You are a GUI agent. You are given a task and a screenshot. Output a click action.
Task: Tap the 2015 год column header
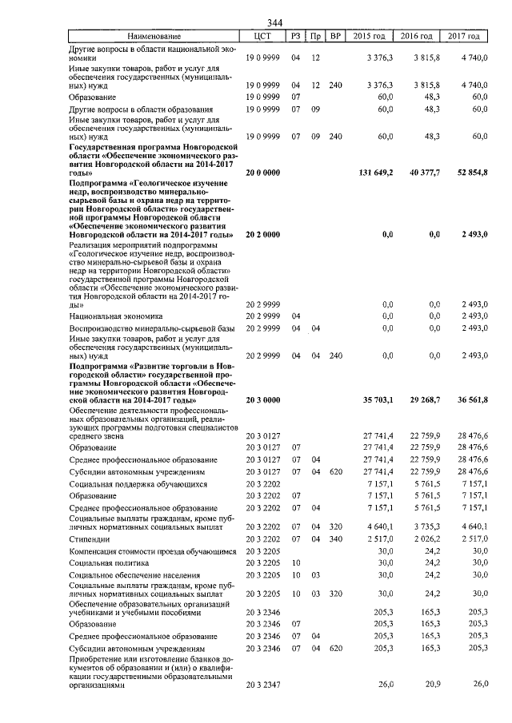(x=370, y=36)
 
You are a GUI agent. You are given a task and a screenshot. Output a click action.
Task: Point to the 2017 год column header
(x=464, y=36)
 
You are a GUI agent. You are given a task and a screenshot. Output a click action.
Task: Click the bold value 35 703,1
(x=374, y=399)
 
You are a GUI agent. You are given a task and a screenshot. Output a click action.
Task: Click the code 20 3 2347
(x=262, y=685)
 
